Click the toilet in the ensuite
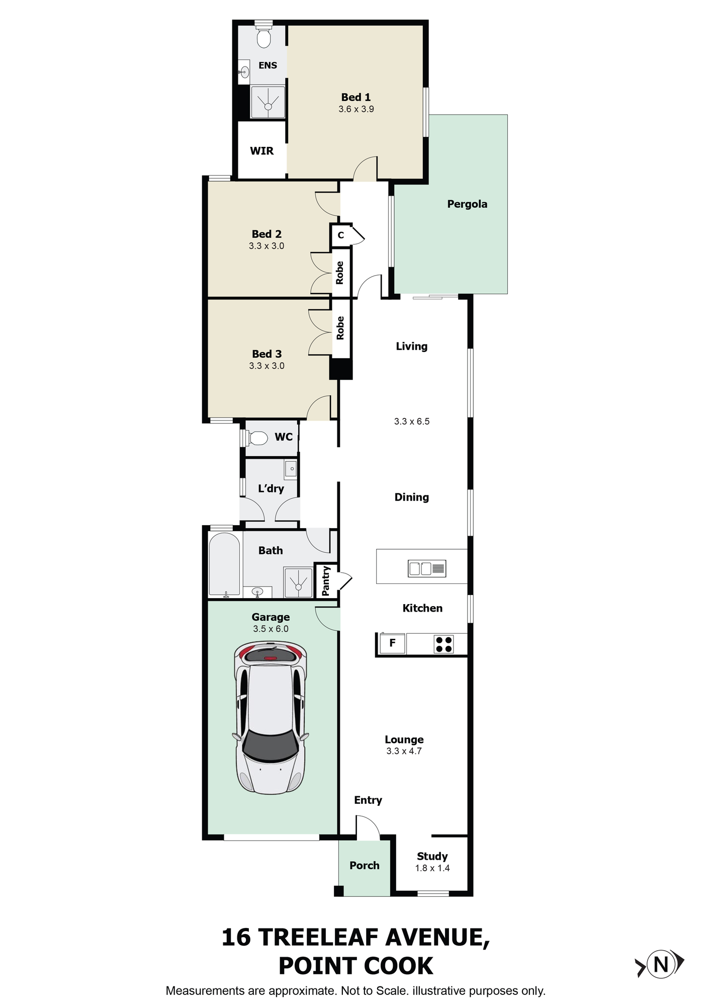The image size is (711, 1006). coord(263,34)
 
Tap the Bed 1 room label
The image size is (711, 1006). coord(355,97)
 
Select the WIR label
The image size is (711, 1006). coord(261,151)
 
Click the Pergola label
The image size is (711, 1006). coord(467,204)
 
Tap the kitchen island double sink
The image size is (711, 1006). coord(427,569)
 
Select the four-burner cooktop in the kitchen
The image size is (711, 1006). coord(443,644)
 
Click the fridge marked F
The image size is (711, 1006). coord(392,643)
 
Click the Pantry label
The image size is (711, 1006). coord(326,580)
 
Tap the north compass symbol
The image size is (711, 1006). coord(661,964)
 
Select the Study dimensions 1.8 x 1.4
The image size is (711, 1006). coord(432,868)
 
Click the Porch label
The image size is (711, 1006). coord(365,865)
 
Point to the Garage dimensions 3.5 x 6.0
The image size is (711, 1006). coord(271,629)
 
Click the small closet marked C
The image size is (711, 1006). coord(341,235)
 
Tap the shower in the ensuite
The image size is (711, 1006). coord(268,102)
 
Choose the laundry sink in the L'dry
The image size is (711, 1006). coord(291,469)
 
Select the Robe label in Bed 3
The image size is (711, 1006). coord(340,328)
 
